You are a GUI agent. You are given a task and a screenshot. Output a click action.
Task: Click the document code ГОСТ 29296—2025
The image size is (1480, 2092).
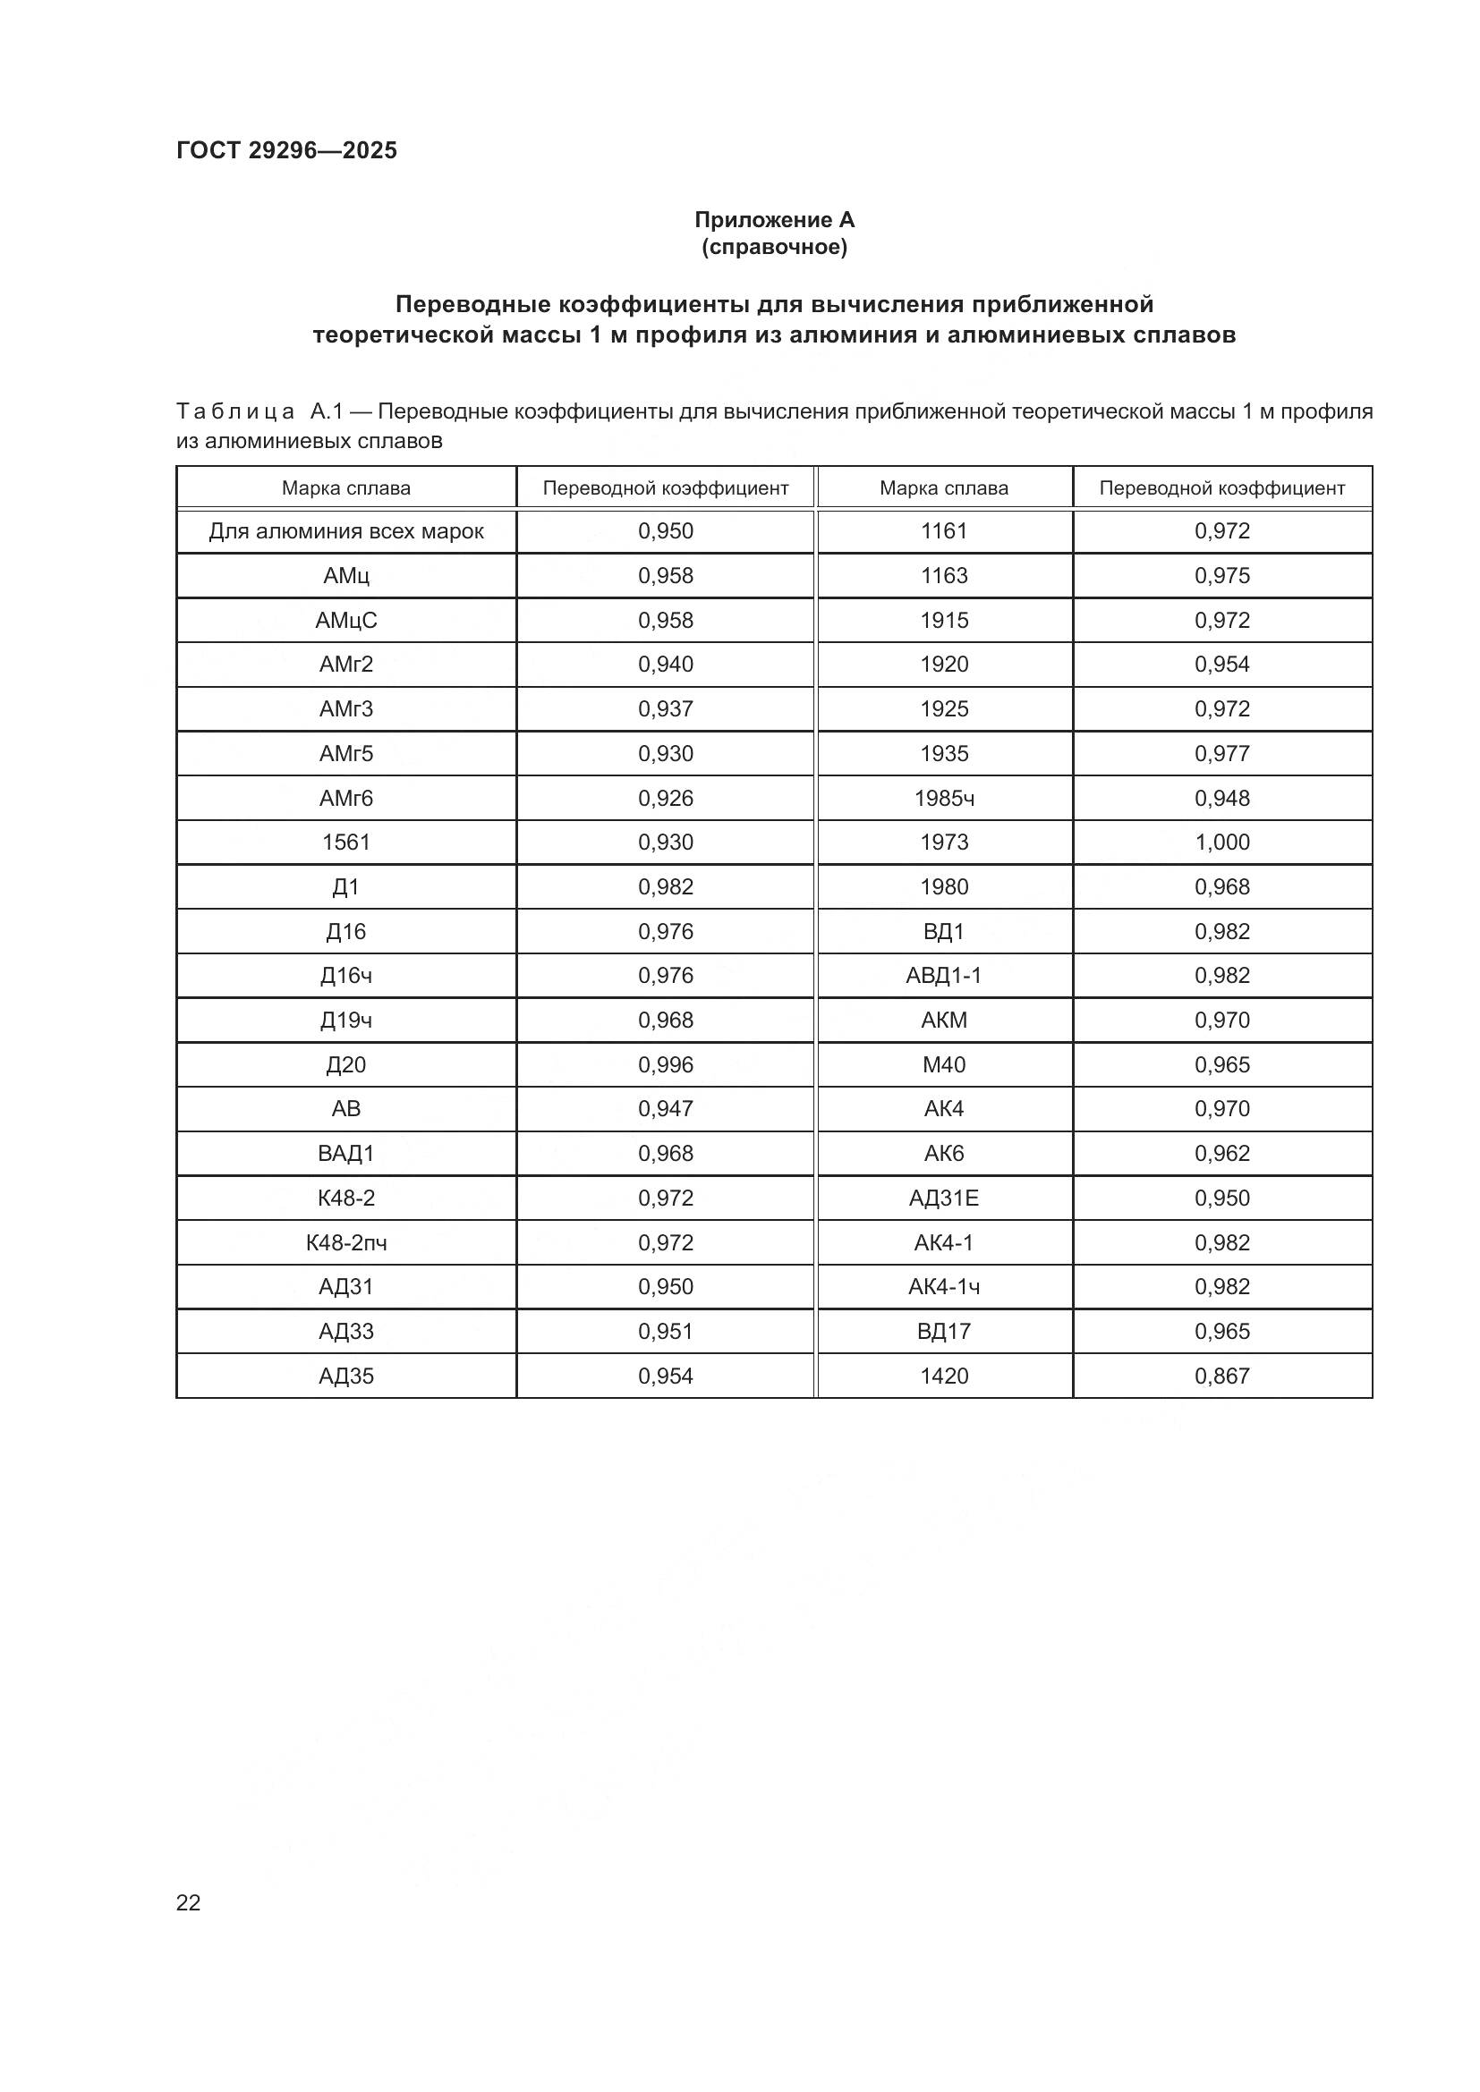(286, 150)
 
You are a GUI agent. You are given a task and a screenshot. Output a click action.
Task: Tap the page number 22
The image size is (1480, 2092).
(188, 1902)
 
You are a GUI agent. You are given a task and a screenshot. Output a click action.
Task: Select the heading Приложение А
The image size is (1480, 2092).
(774, 220)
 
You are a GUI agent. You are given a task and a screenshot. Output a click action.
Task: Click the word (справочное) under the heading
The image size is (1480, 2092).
(774, 247)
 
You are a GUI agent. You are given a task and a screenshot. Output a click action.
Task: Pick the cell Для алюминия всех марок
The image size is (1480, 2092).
(345, 531)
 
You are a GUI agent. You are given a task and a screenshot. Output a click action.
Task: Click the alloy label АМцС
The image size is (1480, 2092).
(345, 621)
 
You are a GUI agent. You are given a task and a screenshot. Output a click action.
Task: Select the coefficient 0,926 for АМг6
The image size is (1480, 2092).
(665, 798)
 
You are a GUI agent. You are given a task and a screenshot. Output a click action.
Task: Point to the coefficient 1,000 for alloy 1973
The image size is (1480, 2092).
(1221, 842)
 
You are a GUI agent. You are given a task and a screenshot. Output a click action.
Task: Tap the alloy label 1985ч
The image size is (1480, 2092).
(943, 798)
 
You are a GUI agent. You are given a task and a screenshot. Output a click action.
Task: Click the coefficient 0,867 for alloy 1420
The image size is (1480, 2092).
(1221, 1376)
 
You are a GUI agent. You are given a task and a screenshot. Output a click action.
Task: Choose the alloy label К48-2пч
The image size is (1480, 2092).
(345, 1243)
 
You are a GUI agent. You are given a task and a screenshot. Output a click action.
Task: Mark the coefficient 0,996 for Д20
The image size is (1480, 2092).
(665, 1064)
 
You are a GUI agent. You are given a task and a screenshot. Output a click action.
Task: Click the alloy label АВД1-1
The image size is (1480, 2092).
(943, 976)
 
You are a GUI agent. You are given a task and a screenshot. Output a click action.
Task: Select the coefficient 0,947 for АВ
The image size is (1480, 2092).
(665, 1109)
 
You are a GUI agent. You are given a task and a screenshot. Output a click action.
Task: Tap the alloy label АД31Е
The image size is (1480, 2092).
(943, 1198)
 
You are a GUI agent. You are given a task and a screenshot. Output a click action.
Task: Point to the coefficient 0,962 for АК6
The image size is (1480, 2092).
(1221, 1154)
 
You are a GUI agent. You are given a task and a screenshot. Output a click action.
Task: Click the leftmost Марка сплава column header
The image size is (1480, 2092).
(345, 488)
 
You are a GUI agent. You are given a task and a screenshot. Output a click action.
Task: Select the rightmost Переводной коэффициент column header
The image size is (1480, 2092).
(1221, 488)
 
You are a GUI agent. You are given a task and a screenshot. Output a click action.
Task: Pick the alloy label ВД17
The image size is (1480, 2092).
(943, 1331)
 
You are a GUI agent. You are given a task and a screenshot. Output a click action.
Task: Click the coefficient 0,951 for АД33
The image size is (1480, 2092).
(665, 1331)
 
